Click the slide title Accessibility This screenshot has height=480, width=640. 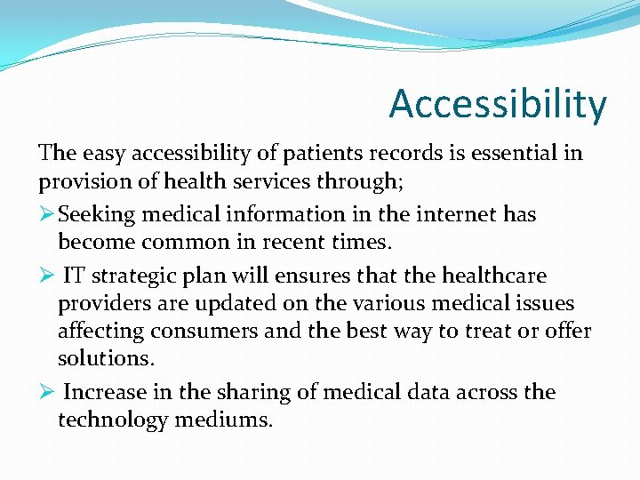click(x=498, y=104)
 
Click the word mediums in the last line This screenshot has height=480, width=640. click(x=224, y=420)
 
